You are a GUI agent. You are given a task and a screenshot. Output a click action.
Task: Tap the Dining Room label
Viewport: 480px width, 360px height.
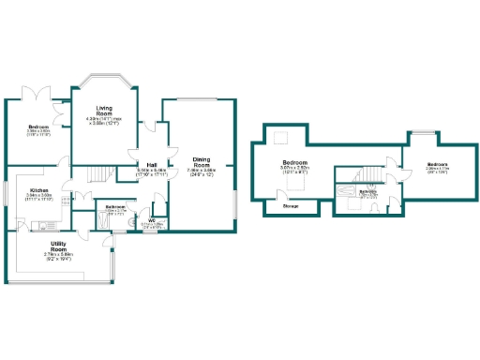(202, 161)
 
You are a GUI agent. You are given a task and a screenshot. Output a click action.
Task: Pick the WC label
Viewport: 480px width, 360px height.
(151, 220)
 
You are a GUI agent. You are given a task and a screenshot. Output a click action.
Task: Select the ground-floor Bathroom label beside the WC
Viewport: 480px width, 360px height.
(116, 206)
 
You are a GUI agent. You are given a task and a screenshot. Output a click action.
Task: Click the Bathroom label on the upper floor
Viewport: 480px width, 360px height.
(368, 191)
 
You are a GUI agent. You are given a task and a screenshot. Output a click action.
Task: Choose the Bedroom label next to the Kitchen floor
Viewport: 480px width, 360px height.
(38, 127)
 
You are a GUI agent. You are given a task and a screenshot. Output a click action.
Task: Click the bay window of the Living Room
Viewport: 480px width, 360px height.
(106, 78)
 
